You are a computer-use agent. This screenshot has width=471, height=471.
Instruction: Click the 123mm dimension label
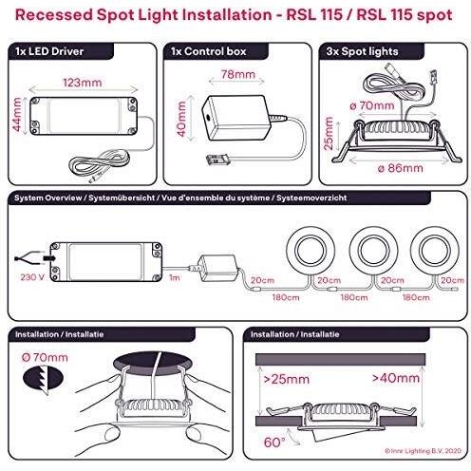83,83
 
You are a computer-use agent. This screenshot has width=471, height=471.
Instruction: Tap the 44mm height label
17,114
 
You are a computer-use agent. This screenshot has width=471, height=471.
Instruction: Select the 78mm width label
238,74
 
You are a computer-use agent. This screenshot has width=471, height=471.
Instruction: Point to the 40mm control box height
181,119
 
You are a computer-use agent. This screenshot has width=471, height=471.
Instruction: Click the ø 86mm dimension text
401,168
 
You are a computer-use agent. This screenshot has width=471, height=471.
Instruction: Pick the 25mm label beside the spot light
329,133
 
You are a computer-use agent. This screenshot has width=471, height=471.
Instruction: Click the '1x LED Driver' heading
49,51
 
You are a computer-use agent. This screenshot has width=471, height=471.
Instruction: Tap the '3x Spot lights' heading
362,51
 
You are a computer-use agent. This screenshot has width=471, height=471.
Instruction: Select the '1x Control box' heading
209,51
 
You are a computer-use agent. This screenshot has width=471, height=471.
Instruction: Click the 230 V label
32,277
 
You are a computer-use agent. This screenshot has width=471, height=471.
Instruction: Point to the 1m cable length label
175,277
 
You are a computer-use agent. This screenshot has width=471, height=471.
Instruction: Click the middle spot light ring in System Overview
374,251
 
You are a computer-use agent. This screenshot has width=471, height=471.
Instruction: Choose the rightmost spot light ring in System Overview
435,251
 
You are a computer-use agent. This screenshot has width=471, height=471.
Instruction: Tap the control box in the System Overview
218,268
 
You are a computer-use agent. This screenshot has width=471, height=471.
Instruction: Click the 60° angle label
274,443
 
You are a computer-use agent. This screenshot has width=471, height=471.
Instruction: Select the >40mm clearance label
396,378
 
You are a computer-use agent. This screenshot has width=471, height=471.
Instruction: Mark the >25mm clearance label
287,379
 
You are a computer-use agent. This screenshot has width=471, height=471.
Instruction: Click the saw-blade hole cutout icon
43,379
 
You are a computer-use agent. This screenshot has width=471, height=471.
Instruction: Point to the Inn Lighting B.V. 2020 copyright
423,451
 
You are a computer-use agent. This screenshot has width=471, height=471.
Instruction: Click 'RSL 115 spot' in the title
405,15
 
